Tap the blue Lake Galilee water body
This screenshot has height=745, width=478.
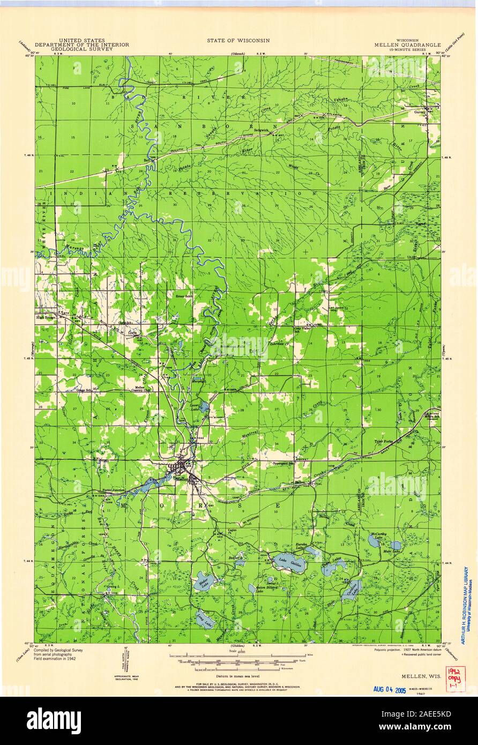[x=289, y=563]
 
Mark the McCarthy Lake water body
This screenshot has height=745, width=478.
[x=374, y=542]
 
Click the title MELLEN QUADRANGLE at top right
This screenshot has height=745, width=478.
[x=408, y=46]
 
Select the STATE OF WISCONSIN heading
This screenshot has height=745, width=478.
[x=238, y=40]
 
